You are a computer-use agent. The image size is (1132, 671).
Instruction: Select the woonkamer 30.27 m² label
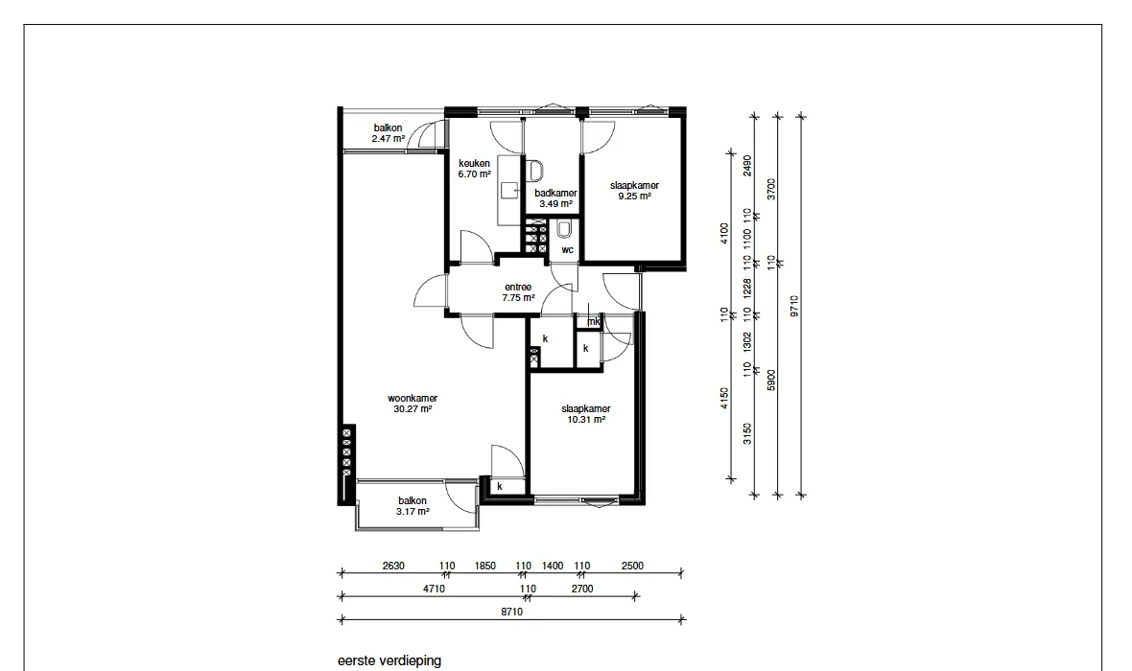[x=413, y=404]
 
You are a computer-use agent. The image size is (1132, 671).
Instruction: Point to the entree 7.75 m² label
[x=518, y=292]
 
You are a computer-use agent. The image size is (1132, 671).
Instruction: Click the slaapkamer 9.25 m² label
[x=634, y=191]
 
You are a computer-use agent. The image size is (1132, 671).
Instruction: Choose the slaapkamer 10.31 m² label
[x=586, y=414]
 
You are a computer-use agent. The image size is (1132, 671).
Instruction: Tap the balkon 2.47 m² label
[x=389, y=133]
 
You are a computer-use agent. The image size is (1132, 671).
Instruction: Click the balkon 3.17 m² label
[x=413, y=506]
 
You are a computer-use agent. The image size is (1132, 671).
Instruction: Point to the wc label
[x=568, y=250]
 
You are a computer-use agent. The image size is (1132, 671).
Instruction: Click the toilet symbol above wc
[x=564, y=230]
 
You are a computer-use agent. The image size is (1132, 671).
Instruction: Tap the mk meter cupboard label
[x=594, y=322]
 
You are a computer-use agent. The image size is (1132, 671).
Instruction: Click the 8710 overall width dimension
[x=512, y=612]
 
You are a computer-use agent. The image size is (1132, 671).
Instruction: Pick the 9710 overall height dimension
[x=794, y=306]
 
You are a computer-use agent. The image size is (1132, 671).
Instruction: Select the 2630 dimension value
[x=393, y=566]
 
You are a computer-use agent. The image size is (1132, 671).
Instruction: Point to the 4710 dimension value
[x=434, y=589]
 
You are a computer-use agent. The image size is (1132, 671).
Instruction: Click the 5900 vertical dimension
[x=771, y=381]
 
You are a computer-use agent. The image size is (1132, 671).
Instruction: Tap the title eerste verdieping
[x=389, y=660]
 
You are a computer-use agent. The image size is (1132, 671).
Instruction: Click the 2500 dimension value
[x=632, y=566]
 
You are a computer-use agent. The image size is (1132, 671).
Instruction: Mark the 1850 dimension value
[x=485, y=566]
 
